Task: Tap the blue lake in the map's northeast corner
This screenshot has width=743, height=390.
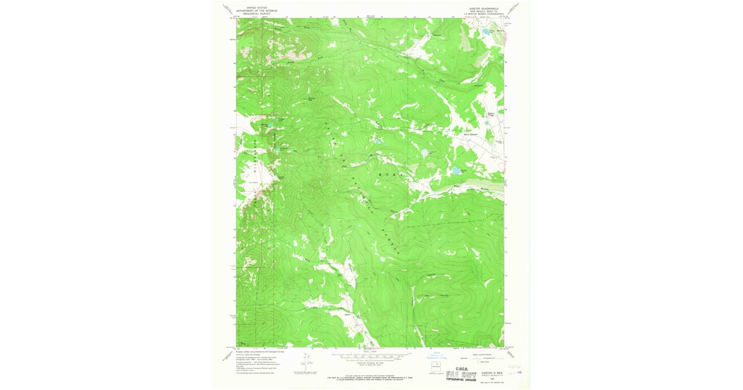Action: [x=487, y=30]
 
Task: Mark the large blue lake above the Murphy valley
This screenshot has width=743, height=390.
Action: [x=456, y=171]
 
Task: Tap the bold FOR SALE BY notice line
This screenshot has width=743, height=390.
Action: [x=370, y=375]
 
